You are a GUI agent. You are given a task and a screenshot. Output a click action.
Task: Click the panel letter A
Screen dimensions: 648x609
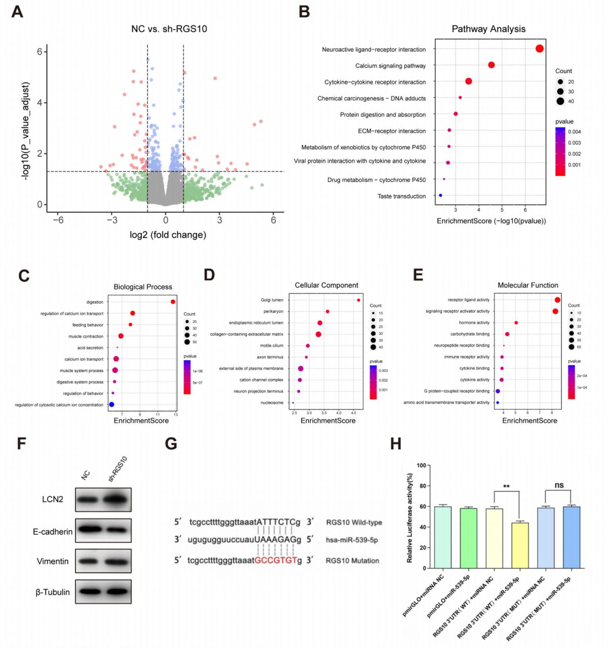click(x=17, y=11)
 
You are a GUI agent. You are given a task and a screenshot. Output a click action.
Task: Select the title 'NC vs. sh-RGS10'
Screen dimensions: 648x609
click(x=169, y=29)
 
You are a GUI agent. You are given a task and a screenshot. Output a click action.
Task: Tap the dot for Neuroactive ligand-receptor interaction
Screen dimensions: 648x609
click(x=539, y=49)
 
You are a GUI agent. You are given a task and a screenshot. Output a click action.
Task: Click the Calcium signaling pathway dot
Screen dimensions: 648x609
click(x=491, y=65)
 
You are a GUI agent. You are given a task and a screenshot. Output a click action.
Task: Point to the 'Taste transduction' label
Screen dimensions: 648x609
click(x=401, y=196)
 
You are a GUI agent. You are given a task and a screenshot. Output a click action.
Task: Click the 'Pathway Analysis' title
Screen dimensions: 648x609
click(x=488, y=29)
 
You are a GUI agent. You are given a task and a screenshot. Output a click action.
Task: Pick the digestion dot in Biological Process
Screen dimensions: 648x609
click(x=173, y=302)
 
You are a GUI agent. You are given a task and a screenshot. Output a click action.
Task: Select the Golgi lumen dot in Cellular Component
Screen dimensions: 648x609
click(x=358, y=300)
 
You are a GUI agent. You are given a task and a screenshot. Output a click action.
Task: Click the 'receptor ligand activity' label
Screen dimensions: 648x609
click(x=468, y=300)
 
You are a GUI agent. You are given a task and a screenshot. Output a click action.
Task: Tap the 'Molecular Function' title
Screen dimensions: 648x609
click(x=527, y=286)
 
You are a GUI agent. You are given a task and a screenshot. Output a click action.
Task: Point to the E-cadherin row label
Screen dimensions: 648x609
click(x=53, y=532)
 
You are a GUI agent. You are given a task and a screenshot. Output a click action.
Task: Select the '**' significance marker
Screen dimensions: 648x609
click(x=506, y=487)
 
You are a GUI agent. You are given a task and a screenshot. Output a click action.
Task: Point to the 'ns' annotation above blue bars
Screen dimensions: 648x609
click(x=558, y=485)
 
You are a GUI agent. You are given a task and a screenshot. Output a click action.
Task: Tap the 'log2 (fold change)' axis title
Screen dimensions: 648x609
click(x=168, y=235)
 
